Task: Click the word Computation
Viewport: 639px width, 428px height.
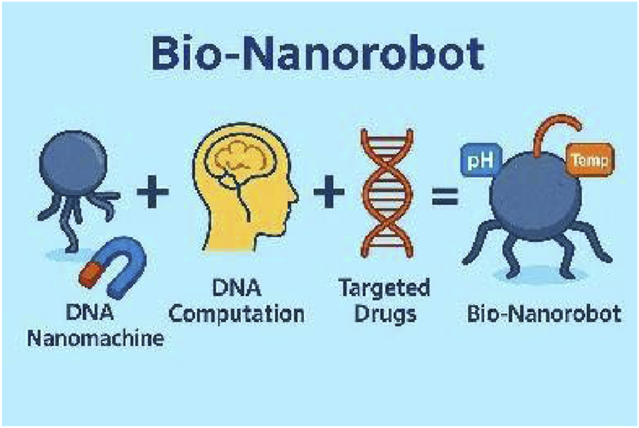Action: tap(237, 315)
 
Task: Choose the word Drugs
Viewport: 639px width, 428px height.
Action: tap(384, 315)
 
